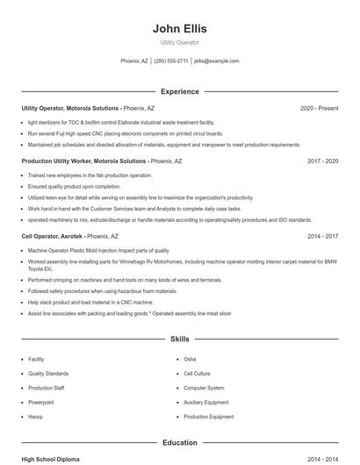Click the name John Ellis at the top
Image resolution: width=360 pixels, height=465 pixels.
(179, 28)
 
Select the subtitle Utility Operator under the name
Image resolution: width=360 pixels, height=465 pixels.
(179, 42)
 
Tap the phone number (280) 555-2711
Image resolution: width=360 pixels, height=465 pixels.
(172, 61)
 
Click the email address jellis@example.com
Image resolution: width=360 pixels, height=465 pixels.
(217, 61)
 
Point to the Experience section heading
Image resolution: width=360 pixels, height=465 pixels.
(179, 91)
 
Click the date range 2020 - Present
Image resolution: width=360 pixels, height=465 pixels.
(319, 108)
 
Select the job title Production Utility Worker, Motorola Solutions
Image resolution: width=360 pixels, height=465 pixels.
(83, 161)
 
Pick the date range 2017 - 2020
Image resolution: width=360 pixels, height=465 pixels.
(322, 161)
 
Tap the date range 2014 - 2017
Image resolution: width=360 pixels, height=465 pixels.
(322, 236)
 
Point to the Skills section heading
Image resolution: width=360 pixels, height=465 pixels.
(179, 338)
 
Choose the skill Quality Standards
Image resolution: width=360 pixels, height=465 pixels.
(48, 374)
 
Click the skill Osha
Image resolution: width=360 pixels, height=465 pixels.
(190, 360)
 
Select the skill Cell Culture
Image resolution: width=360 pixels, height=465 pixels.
(197, 374)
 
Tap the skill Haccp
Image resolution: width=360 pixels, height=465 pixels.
(35, 417)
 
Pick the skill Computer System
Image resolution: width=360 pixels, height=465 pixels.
(204, 388)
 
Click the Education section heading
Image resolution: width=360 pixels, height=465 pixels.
(179, 443)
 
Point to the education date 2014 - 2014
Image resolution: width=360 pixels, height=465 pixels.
(322, 459)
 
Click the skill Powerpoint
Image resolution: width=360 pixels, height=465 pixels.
(40, 403)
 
